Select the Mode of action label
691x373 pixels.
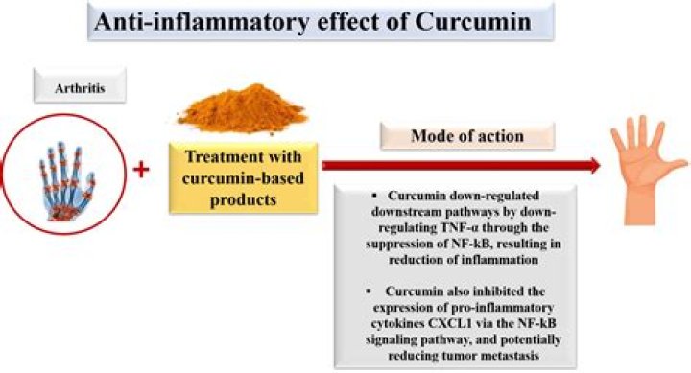[x=467, y=136]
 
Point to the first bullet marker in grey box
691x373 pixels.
[x=357, y=196]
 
